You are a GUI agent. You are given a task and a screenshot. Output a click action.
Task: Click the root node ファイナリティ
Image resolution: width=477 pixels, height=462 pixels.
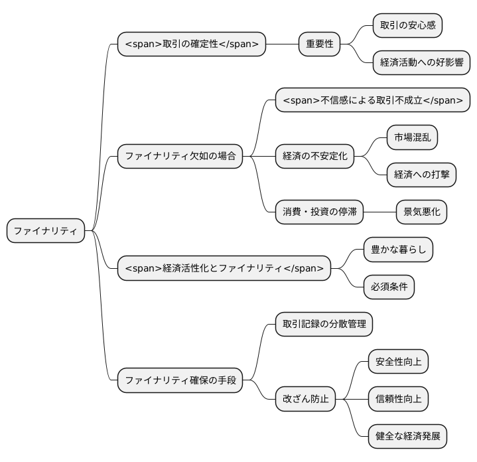[46, 231]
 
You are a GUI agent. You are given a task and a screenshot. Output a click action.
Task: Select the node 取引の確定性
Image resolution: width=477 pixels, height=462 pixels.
[191, 44]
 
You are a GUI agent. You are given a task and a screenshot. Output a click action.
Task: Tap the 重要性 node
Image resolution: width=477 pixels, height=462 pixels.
[319, 44]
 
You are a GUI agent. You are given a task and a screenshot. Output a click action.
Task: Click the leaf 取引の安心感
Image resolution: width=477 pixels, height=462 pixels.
[407, 25]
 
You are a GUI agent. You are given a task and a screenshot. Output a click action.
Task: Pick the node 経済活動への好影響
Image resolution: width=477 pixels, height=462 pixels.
[421, 63]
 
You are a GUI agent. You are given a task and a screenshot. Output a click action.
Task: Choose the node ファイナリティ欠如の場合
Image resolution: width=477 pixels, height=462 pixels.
[180, 157]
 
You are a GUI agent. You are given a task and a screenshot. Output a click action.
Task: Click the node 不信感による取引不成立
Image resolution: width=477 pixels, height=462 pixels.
[373, 100]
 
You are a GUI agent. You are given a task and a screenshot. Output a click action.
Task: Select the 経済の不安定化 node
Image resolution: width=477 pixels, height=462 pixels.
[314, 157]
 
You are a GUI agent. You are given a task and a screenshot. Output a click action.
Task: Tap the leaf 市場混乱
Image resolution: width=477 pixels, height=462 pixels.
[412, 138]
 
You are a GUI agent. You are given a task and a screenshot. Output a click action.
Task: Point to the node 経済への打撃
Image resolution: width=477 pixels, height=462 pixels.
[421, 175]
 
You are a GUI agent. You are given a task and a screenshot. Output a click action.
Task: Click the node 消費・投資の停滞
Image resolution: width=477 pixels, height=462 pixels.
[320, 212]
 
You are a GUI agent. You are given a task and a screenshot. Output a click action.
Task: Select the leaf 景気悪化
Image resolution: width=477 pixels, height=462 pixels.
[421, 212]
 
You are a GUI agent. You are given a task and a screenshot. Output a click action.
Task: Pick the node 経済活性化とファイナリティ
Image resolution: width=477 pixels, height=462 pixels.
[224, 268]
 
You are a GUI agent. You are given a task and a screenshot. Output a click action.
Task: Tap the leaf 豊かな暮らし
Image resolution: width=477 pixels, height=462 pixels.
[398, 250]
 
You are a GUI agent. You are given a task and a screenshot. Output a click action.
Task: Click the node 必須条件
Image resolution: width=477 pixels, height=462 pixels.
[389, 287]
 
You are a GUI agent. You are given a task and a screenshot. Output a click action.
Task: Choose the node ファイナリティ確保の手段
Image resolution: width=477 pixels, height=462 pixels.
[180, 381]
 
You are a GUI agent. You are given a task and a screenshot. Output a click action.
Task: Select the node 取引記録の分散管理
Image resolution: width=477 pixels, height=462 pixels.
[324, 325]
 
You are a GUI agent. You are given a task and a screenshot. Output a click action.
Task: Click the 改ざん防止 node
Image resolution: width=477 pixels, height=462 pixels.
[305, 400]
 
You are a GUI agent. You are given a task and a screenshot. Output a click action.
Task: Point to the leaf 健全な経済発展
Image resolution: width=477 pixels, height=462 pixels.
[407, 437]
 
